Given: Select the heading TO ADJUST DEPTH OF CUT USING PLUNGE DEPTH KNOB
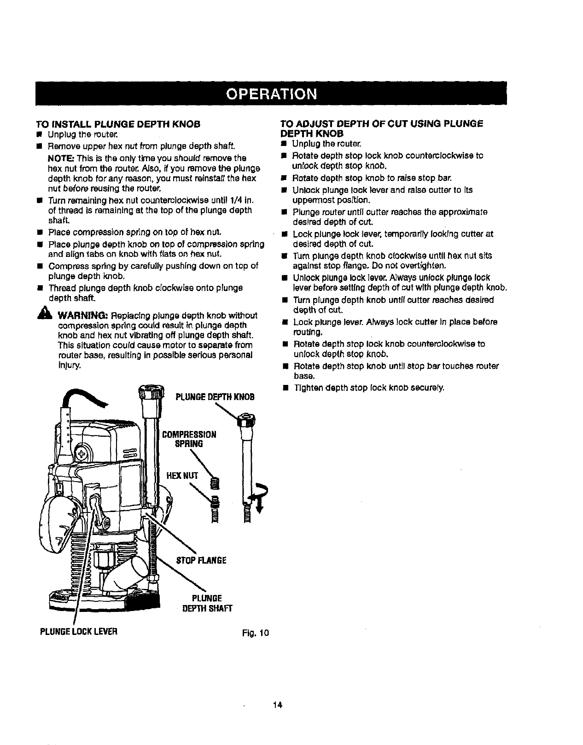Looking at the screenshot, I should point(382,128).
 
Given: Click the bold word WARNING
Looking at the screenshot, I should point(83,315).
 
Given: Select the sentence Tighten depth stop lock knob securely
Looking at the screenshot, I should point(368,388).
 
